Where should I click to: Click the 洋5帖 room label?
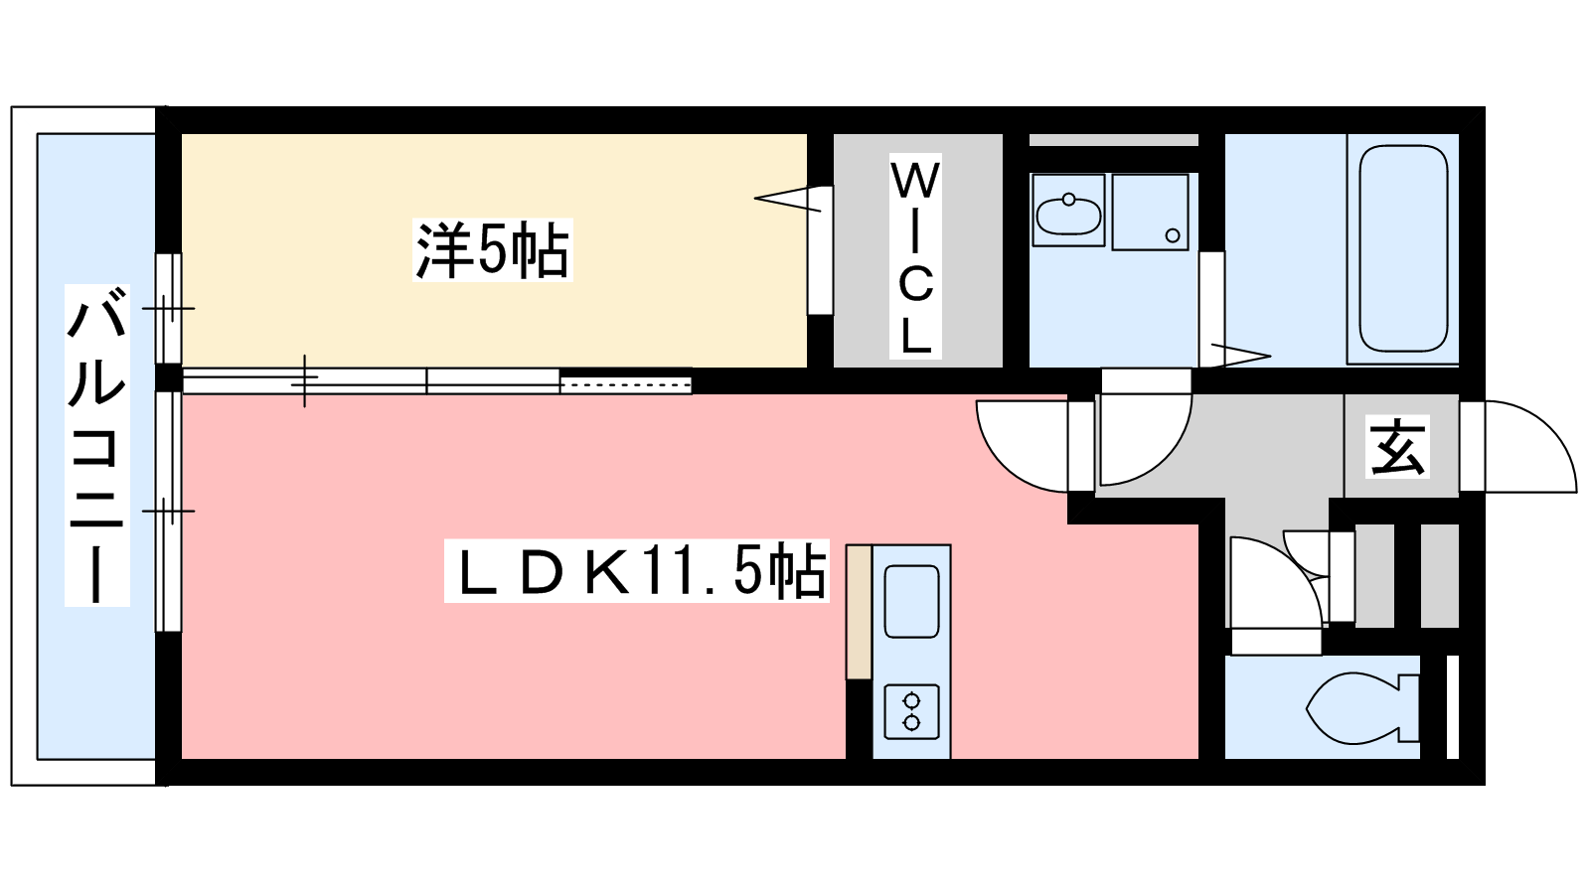pos(493,250)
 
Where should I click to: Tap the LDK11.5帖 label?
pos(637,572)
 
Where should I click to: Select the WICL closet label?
pos(915,257)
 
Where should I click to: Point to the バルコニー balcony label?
pos(97,446)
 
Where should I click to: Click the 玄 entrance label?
pos(1397,447)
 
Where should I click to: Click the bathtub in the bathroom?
pos(1403,248)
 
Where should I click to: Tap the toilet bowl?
pos(1361,707)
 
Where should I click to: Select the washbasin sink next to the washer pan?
pos(1068,211)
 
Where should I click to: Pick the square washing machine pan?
pos(1151,213)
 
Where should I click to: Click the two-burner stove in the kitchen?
pos(911,711)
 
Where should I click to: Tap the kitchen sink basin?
pos(911,602)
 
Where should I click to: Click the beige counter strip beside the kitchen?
pos(859,612)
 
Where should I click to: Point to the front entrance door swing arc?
pos(1530,446)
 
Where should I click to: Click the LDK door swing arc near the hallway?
pos(1023,446)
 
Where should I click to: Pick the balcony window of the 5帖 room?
pos(169,309)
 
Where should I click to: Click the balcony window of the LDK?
pos(169,511)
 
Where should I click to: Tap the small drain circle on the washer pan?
pos(1173,235)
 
